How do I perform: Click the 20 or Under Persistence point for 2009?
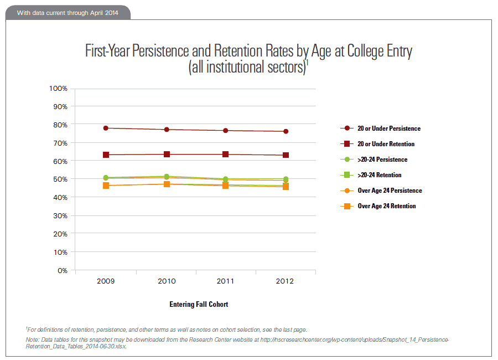point(106,128)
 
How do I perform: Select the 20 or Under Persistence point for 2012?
point(286,131)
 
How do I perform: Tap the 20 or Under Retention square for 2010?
point(167,154)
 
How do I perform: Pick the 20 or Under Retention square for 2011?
point(225,154)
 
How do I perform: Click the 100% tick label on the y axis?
point(58,88)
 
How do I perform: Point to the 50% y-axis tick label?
point(60,179)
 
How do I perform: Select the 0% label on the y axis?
point(62,270)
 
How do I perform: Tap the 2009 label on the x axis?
point(106,281)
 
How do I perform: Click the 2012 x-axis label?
point(286,281)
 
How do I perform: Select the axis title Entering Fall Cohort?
point(199,304)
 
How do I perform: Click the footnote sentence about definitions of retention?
point(166,329)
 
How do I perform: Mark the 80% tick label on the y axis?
point(60,125)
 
